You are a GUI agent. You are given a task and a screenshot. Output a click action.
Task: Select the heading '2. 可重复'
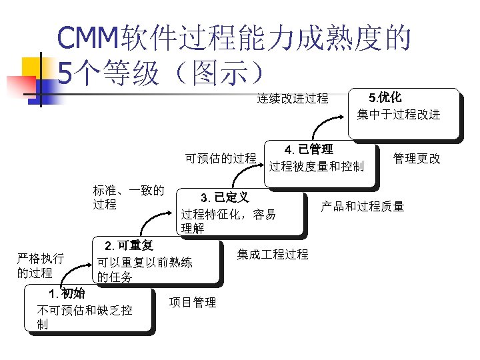click(125, 246)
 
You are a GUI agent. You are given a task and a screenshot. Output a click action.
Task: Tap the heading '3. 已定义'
click(225, 197)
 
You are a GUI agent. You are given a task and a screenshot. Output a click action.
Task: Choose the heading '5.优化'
click(390, 96)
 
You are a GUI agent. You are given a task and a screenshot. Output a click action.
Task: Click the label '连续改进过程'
click(293, 99)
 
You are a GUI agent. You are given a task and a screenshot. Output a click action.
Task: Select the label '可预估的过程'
click(221, 159)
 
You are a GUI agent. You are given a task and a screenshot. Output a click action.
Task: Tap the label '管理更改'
click(417, 159)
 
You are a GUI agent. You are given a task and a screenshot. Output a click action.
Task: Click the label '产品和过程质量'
click(363, 207)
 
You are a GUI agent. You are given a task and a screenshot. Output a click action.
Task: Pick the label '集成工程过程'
click(273, 255)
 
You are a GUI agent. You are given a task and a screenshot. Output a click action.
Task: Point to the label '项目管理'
click(193, 303)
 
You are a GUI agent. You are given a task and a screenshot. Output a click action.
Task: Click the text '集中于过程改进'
click(399, 114)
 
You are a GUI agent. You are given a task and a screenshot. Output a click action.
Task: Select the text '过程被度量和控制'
click(317, 165)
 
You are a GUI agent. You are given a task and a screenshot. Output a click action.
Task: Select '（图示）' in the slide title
click(220, 72)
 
